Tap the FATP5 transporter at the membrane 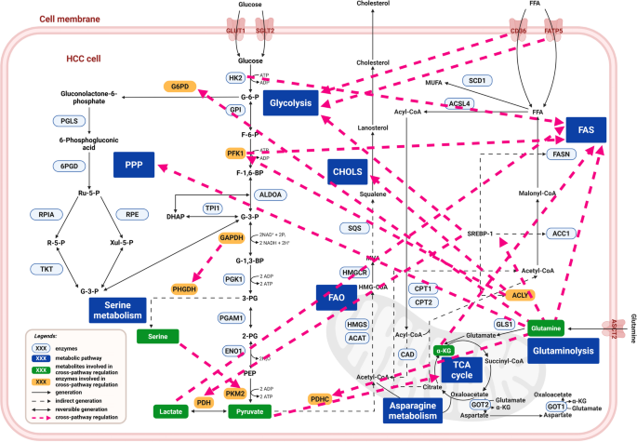coord(553,30)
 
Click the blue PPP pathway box coord(139,164)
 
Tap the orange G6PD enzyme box coord(177,87)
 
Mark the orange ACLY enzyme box coord(521,294)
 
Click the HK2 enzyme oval coord(236,78)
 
